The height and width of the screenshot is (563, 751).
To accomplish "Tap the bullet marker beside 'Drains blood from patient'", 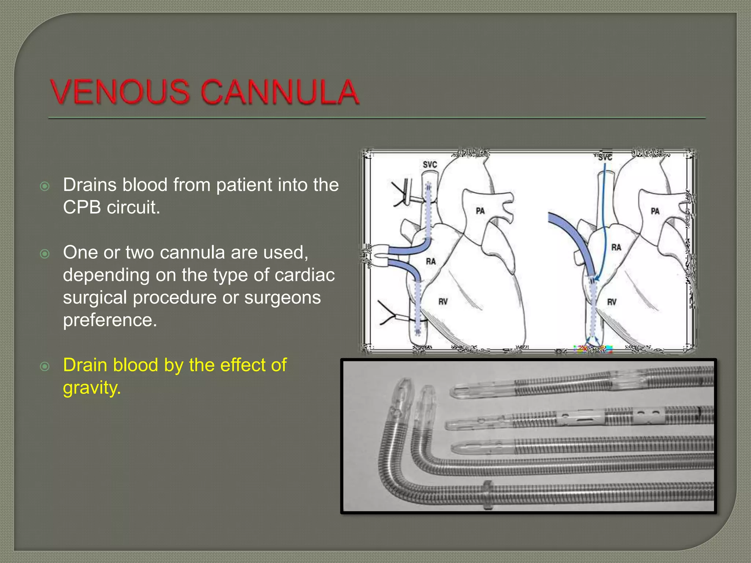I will pyautogui.click(x=45, y=186).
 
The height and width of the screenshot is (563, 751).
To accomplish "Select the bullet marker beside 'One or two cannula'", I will pyautogui.click(x=45, y=254).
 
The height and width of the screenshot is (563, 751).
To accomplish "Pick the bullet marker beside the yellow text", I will pyautogui.click(x=45, y=366).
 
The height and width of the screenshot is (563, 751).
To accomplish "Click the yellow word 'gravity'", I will pyautogui.click(x=91, y=388).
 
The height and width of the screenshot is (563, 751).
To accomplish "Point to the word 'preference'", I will pyautogui.click(x=110, y=320).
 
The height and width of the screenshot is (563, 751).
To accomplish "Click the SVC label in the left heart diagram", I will pyautogui.click(x=430, y=165).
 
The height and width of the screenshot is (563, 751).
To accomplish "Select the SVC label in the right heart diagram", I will pyautogui.click(x=605, y=158).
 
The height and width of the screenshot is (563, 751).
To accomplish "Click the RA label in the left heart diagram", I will pyautogui.click(x=431, y=261).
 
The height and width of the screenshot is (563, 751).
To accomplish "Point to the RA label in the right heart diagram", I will pyautogui.click(x=616, y=247).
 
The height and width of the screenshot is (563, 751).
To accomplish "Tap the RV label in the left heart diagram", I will pyautogui.click(x=443, y=302).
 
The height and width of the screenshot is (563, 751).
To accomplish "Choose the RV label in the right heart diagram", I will pyautogui.click(x=612, y=302).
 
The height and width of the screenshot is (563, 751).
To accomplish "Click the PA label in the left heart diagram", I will pyautogui.click(x=480, y=211).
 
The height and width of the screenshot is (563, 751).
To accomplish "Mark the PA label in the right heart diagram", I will pyautogui.click(x=655, y=211).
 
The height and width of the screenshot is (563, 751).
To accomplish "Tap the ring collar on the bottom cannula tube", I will pyautogui.click(x=487, y=494).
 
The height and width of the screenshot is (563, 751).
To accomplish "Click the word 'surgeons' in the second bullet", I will pyautogui.click(x=282, y=297).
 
